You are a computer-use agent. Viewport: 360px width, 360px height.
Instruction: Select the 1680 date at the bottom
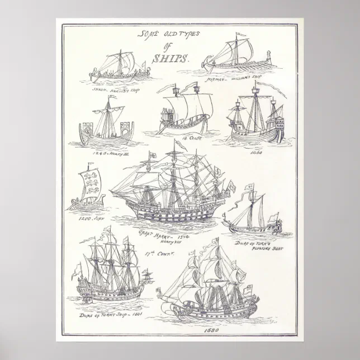coord(207,329)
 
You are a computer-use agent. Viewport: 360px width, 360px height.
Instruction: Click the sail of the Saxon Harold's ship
coord(121,60)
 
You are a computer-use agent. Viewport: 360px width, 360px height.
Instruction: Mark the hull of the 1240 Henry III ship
coord(106,137)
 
